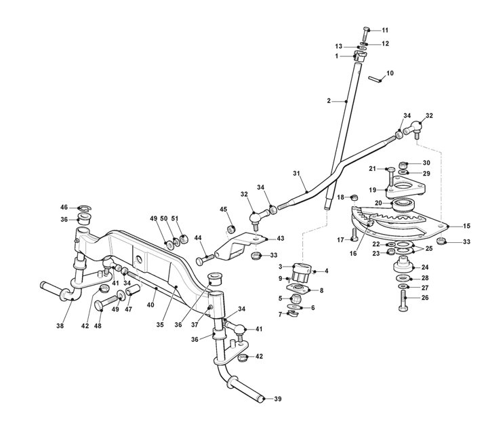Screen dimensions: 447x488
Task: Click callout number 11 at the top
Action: [x=386, y=30]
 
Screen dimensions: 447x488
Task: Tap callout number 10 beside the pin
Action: [x=390, y=73]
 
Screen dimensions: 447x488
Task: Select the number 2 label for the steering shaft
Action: [x=329, y=100]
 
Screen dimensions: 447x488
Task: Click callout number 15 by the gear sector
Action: [x=466, y=225]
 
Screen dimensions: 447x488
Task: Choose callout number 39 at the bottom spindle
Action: [x=277, y=400]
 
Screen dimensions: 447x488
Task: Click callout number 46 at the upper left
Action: [x=64, y=207]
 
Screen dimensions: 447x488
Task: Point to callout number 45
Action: [x=223, y=209]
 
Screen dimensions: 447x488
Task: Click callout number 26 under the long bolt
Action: [x=424, y=298]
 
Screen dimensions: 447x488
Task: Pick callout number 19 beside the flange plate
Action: [x=372, y=190]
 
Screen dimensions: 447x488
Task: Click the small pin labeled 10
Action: [x=375, y=79]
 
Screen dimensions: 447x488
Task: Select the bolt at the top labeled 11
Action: [x=366, y=31]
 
